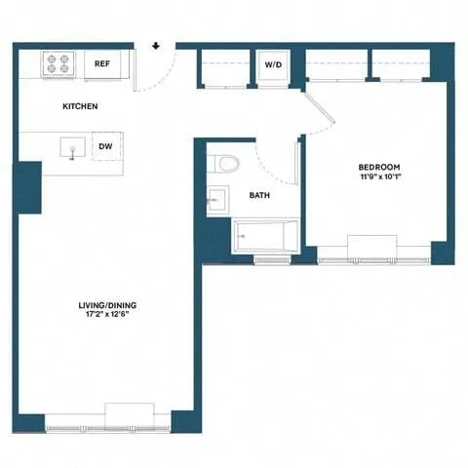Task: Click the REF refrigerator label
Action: (100, 64)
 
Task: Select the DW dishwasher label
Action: (104, 147)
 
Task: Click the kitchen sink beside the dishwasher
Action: (70, 148)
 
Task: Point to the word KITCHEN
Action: (80, 105)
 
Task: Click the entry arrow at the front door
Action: (156, 45)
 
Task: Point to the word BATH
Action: (259, 195)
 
